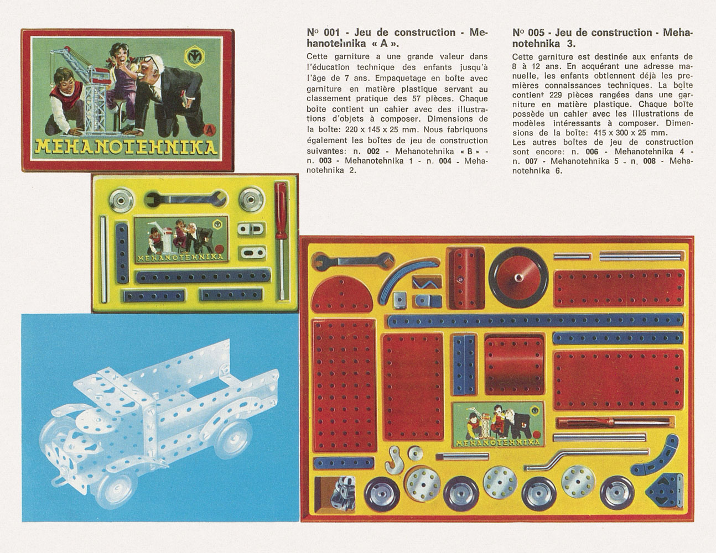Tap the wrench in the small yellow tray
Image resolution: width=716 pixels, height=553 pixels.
[186, 199]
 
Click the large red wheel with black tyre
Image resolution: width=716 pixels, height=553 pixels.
[518, 278]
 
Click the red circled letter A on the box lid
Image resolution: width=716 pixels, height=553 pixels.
[210, 130]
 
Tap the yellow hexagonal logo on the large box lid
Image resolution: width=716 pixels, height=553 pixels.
[194, 55]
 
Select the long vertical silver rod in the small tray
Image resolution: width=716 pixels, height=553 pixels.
[104, 259]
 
